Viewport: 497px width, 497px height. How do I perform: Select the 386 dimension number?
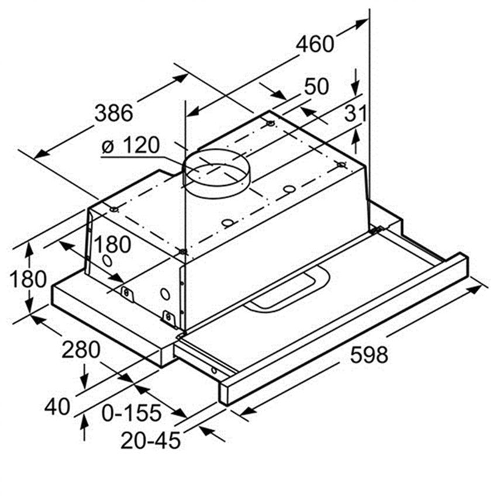[114, 112]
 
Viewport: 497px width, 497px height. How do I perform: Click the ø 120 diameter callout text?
[130, 145]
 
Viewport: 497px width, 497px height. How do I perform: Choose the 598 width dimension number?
[369, 354]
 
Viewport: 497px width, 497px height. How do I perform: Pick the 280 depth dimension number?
[81, 351]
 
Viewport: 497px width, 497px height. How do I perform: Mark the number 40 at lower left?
[57, 406]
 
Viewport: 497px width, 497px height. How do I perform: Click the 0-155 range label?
[131, 413]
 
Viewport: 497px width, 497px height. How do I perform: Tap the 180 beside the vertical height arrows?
[28, 279]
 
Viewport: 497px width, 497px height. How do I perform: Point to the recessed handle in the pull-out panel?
[287, 290]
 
